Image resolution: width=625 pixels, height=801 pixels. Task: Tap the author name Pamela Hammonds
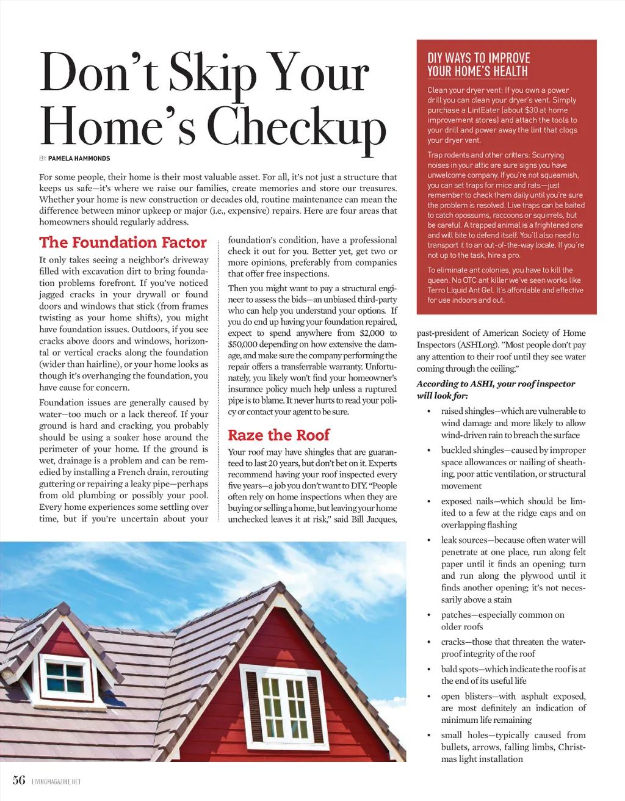(79, 159)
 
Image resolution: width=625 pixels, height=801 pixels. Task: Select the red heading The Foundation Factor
(123, 242)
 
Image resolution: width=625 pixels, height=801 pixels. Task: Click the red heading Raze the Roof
(278, 435)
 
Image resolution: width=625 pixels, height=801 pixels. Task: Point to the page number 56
(19, 780)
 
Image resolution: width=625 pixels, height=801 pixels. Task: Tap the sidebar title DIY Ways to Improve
(479, 59)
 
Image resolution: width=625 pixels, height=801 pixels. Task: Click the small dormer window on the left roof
(65, 676)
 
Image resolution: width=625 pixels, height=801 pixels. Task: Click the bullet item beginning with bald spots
(513, 675)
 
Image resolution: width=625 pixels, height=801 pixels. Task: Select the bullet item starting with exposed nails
(513, 513)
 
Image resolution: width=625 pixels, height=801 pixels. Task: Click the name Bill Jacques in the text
(374, 520)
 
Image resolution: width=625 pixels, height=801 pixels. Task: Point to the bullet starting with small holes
(513, 747)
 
